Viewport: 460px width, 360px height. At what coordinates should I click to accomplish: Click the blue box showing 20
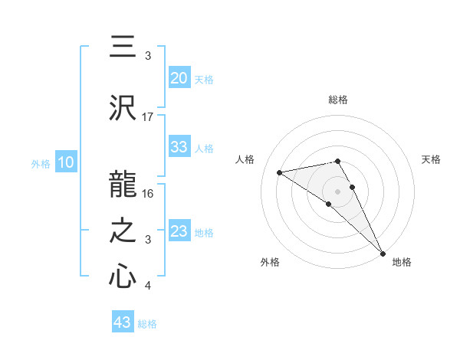pos(179,78)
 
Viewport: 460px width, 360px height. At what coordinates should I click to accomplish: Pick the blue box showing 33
pos(179,147)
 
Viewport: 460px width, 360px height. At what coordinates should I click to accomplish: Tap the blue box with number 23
pos(179,231)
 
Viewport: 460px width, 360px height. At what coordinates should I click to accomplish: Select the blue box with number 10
pos(65,162)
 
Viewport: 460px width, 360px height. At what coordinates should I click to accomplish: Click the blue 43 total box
pos(122,322)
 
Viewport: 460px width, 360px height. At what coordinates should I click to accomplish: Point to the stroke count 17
pos(148,116)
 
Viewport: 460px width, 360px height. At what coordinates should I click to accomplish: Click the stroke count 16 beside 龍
pos(149,193)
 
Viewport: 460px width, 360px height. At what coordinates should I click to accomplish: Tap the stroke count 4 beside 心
pos(147,286)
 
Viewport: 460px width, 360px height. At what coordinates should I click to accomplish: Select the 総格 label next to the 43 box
pos(147,324)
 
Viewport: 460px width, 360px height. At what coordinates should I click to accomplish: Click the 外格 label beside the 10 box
pos(41,163)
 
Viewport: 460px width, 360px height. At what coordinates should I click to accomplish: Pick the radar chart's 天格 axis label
pos(432,159)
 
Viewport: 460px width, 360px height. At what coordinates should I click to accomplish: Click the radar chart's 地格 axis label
pos(402,262)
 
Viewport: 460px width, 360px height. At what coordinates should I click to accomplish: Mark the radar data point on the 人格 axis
pos(280,172)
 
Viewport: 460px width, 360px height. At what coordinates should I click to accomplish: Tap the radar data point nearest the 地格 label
pos(383,254)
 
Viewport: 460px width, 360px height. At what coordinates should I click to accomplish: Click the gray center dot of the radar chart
pos(337,190)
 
